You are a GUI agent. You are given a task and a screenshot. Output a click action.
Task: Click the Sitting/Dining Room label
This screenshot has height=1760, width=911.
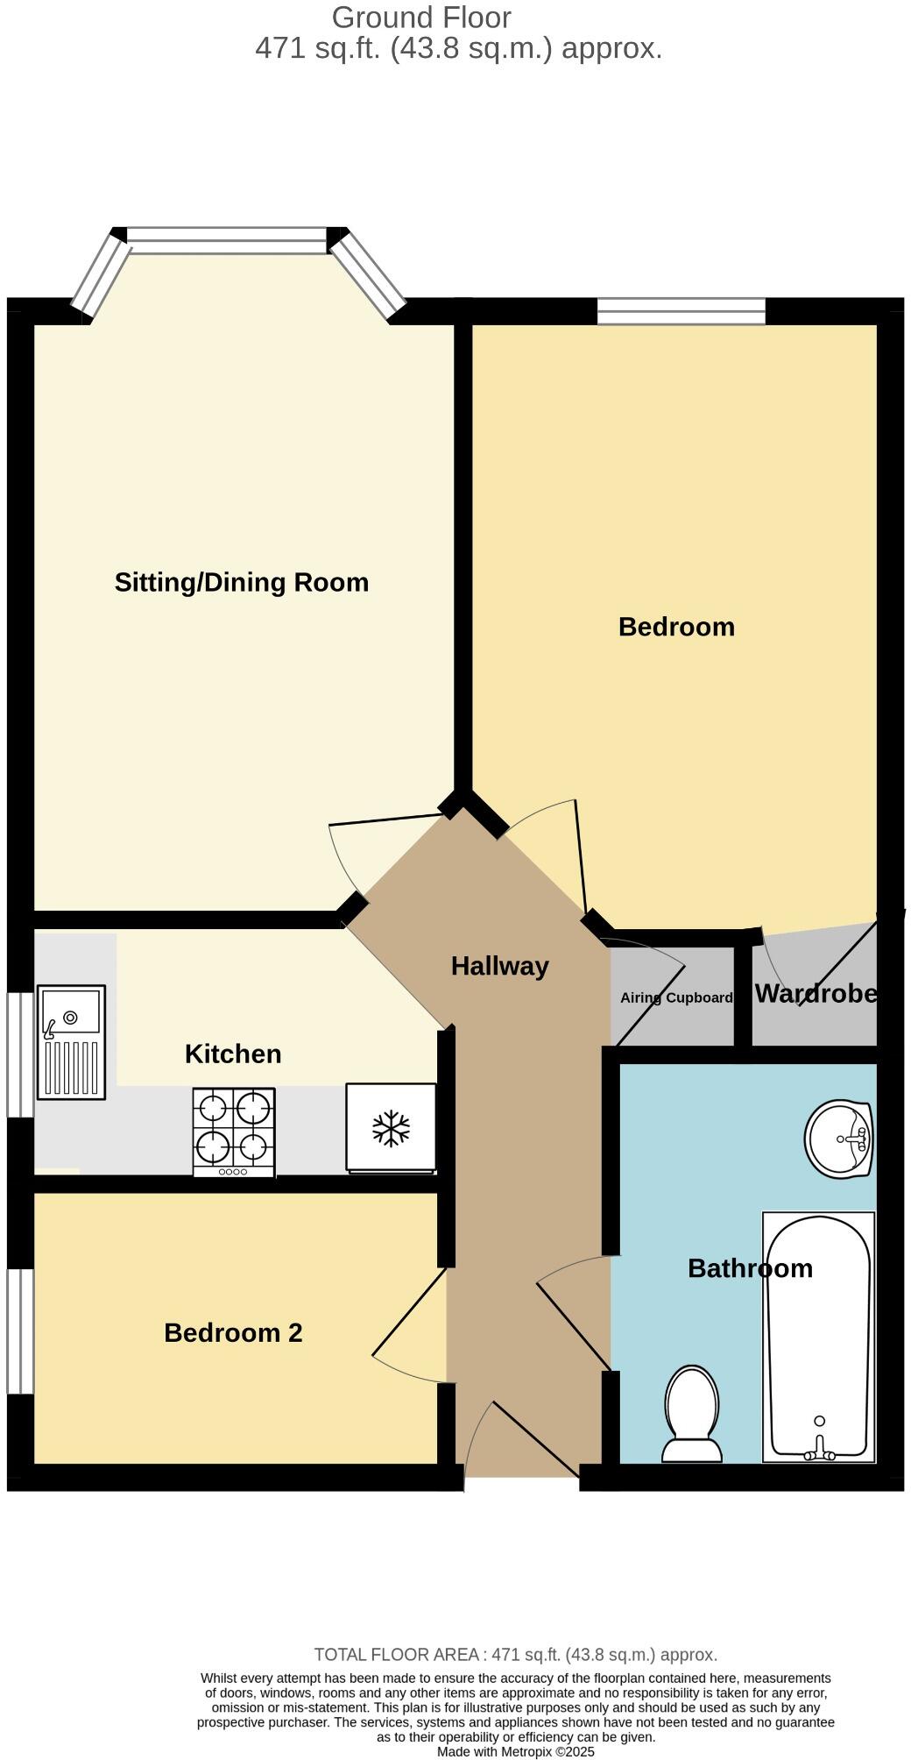click(241, 583)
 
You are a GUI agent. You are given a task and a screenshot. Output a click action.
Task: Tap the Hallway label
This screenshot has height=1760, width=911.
click(499, 966)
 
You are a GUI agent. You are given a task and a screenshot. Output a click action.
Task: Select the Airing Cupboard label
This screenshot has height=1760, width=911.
click(676, 997)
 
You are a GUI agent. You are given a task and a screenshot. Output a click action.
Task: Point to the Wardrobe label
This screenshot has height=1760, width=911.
click(816, 993)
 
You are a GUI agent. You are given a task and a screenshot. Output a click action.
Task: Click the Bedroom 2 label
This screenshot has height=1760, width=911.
click(233, 1333)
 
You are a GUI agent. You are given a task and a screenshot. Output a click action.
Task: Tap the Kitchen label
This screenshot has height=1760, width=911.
click(233, 1054)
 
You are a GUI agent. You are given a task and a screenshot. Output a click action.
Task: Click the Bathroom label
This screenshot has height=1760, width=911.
click(750, 1268)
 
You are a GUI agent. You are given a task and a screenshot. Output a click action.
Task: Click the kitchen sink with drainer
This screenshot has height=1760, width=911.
click(71, 1042)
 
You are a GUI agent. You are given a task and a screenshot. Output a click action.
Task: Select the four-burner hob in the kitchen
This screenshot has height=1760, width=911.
click(234, 1132)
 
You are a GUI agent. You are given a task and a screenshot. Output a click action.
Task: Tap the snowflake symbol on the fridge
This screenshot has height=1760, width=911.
click(391, 1128)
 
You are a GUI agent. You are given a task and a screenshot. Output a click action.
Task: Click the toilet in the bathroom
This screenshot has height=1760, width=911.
click(693, 1413)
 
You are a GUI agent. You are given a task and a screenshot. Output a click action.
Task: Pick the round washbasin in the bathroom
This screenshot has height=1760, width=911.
click(839, 1139)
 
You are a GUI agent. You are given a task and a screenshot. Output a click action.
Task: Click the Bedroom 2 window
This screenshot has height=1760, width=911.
click(20, 1331)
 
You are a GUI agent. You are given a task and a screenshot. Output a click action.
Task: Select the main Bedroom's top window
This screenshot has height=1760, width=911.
click(681, 311)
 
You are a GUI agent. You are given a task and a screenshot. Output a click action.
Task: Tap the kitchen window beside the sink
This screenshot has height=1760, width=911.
click(20, 1054)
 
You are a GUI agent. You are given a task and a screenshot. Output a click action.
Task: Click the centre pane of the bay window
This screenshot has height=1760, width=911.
click(227, 239)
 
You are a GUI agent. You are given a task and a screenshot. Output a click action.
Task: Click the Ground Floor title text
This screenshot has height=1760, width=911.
click(421, 18)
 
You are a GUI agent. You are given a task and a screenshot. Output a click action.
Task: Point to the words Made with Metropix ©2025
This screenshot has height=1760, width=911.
click(516, 1751)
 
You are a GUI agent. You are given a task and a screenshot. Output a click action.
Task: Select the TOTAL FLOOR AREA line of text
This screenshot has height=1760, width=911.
click(516, 1655)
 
